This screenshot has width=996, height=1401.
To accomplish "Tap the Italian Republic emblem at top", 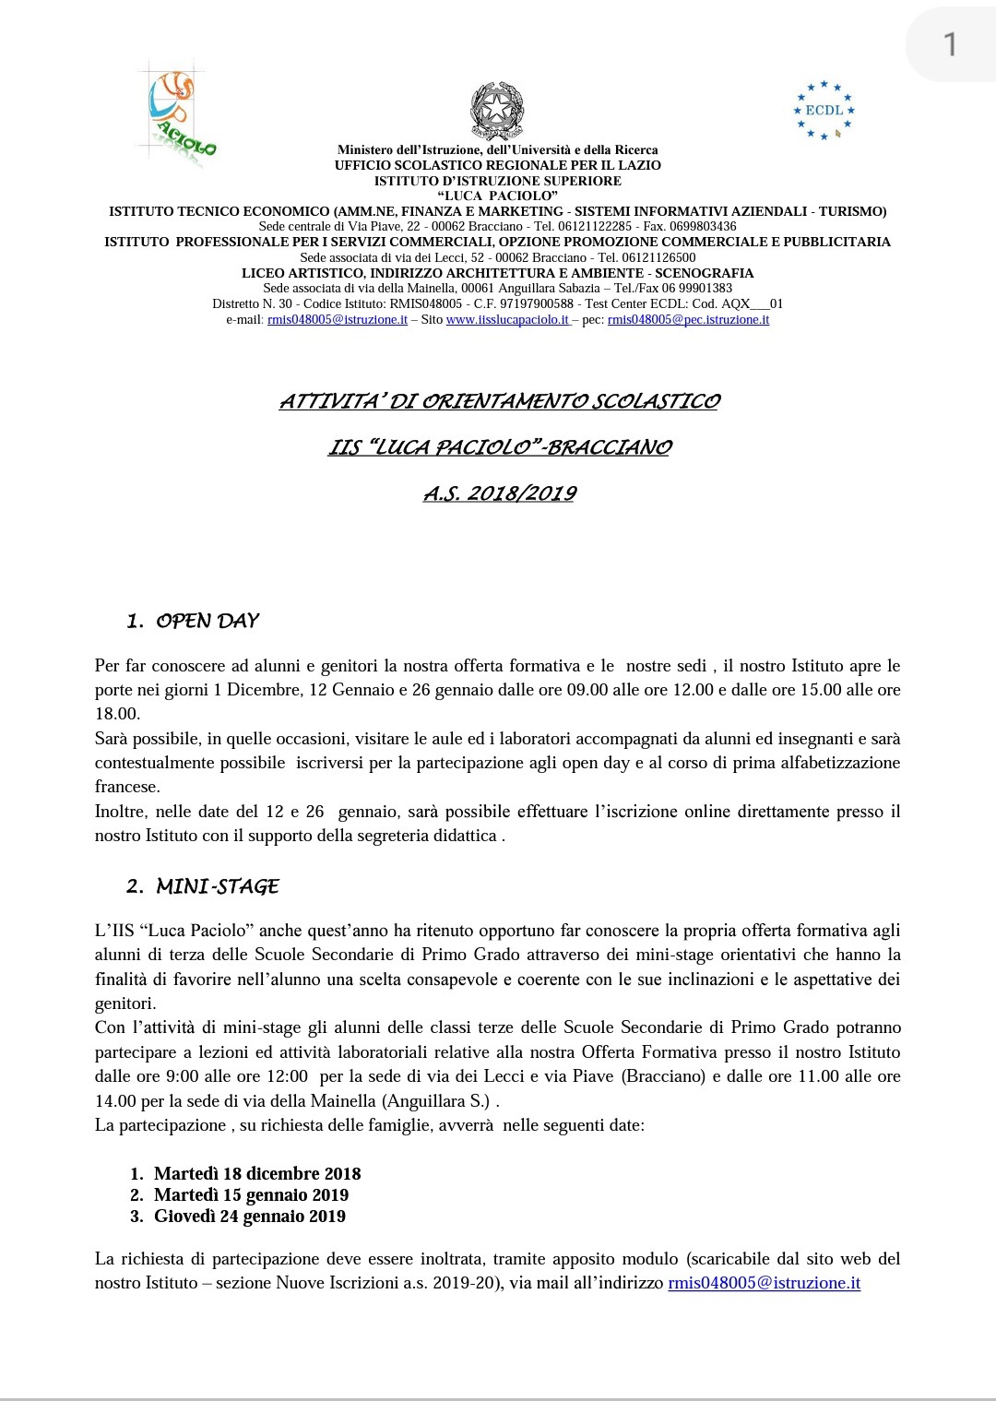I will [x=497, y=111].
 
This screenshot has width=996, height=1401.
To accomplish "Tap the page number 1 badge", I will [x=950, y=44].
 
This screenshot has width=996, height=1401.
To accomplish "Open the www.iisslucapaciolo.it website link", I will [x=507, y=320].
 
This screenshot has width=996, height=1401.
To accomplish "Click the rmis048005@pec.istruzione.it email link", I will [x=688, y=320].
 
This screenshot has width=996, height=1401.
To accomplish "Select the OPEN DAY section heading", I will [x=207, y=621].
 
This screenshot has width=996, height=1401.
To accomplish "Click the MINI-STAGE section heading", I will [x=217, y=886].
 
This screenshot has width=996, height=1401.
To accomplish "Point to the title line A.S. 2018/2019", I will [x=500, y=493].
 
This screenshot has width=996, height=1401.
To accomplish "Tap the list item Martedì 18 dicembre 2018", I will [x=257, y=1173].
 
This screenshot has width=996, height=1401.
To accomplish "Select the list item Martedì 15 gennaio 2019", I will [x=251, y=1194].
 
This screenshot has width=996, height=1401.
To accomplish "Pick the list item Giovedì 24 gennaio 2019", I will [x=250, y=1216].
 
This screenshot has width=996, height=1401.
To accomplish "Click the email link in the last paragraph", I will [x=764, y=1283].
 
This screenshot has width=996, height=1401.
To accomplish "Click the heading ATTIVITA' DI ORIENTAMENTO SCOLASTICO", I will [x=500, y=401].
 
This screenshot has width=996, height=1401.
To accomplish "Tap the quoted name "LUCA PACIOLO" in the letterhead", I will [x=497, y=196].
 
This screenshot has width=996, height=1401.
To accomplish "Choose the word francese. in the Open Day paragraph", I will [x=127, y=787].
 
